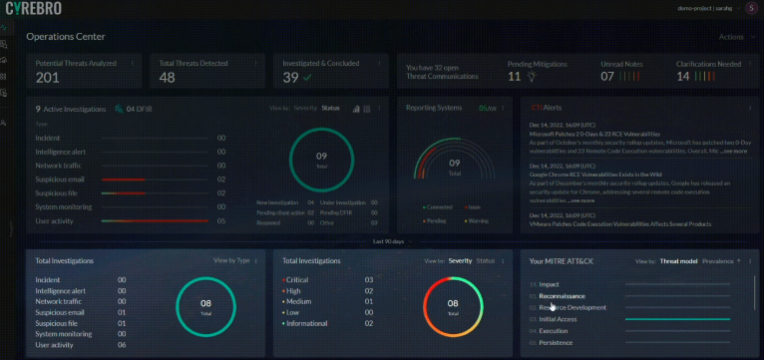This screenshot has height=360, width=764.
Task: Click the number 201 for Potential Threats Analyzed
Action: pos(48,78)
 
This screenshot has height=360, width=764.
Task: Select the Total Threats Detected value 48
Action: pos(168,78)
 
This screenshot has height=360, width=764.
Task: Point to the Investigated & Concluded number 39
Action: pos(290,78)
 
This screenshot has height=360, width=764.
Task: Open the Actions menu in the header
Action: pos(731,37)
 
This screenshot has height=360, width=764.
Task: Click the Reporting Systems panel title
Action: pos(435,107)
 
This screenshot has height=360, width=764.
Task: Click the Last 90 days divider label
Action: pos(388,242)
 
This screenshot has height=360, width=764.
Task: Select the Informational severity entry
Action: pos(310,323)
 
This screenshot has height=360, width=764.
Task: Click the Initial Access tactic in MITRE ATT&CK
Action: pos(559,319)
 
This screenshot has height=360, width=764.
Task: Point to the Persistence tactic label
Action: pos(556,342)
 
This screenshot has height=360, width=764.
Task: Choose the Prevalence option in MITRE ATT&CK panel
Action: pos(717,261)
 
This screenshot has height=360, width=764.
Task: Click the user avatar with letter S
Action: pos(751,8)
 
